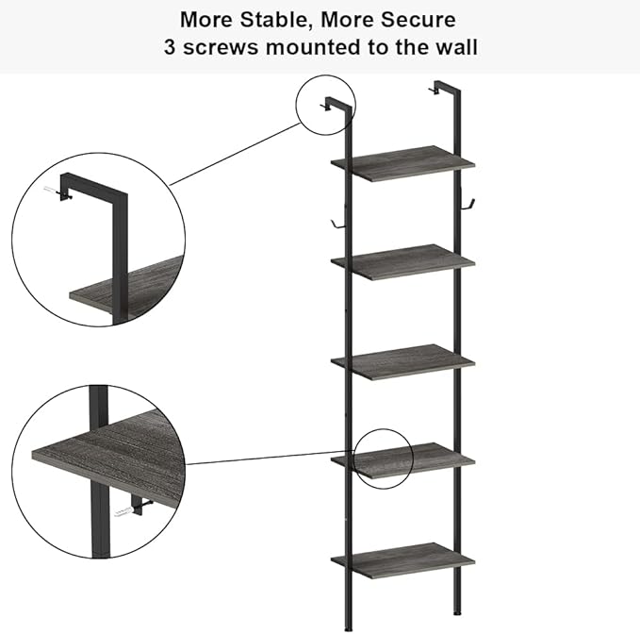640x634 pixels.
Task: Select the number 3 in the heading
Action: (170, 46)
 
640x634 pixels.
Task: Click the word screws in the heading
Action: (221, 47)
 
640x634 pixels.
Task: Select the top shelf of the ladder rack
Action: (402, 163)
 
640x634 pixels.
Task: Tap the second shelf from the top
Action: (402, 262)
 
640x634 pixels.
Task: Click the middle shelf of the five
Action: (402, 362)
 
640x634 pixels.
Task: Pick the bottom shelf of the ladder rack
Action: (402, 560)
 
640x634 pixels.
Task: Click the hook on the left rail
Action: (338, 225)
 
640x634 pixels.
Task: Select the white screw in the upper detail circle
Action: (50, 190)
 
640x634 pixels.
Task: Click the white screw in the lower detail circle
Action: (123, 511)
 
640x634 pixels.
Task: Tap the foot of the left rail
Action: (348, 628)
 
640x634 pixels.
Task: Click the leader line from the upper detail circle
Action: (235, 154)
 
